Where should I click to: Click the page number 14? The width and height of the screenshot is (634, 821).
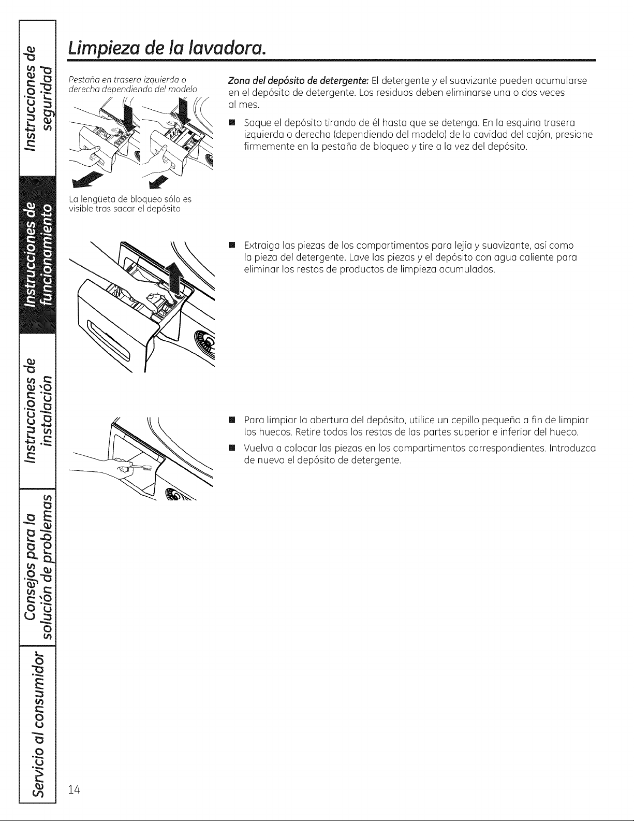[75, 789]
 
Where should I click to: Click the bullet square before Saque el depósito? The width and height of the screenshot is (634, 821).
[232, 123]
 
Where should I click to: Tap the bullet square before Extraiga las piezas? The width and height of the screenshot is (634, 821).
[232, 246]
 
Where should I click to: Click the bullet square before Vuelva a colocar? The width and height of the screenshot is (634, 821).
[232, 449]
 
